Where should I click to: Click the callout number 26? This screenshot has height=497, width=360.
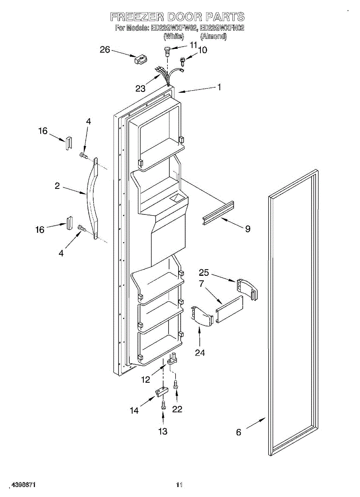tap(105, 50)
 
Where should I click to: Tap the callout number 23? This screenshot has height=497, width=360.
tap(140, 88)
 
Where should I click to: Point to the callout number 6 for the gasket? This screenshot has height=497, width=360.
tap(239, 432)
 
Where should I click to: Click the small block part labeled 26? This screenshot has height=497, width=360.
tap(139, 60)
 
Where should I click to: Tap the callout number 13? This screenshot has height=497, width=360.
tap(163, 431)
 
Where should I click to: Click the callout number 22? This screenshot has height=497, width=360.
tap(177, 409)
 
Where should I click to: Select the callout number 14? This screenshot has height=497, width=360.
tap(134, 410)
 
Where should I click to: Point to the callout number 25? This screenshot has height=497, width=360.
tap(204, 273)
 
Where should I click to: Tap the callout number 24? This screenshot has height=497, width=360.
tap(200, 352)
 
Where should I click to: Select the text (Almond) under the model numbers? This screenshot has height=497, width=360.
tap(213, 37)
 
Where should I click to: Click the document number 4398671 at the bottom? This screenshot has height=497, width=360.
tap(24, 484)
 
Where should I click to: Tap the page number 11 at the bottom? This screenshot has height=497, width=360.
tap(179, 484)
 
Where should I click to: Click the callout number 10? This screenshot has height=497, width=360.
tap(203, 50)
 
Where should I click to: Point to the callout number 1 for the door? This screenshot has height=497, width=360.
tap(219, 87)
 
